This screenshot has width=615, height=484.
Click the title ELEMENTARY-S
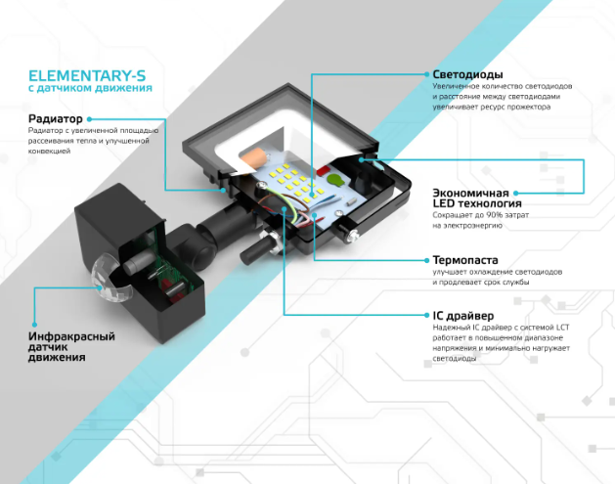[89, 74]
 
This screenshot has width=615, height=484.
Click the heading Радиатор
[58, 119]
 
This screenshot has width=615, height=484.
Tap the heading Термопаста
[465, 261]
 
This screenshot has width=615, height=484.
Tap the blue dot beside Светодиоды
[422, 74]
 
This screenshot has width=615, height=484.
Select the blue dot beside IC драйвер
[422, 316]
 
